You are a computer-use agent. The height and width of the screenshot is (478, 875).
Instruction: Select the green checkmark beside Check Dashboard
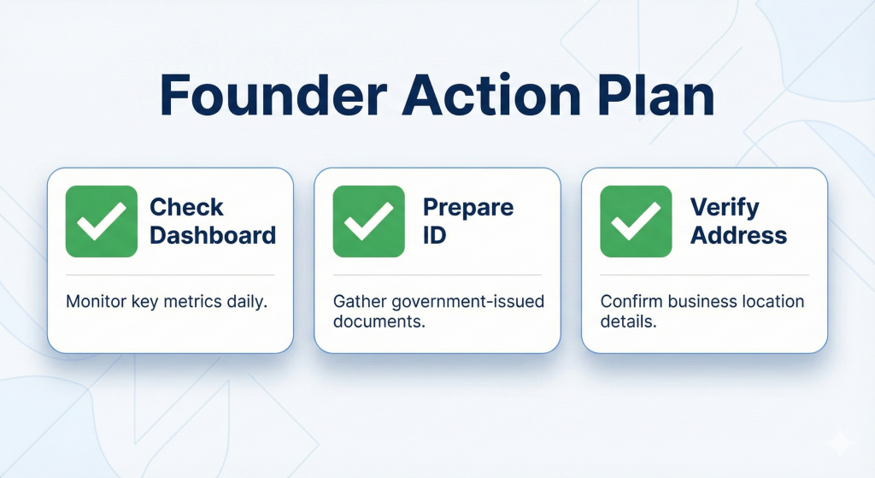pos(102,221)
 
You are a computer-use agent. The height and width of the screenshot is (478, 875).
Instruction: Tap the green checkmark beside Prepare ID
pos(369,221)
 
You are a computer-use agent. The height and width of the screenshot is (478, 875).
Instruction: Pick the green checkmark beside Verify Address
pos(636,221)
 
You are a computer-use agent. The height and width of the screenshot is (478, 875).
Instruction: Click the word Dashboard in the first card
pos(213,235)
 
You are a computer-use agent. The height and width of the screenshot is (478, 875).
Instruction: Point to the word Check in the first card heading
pos(186,207)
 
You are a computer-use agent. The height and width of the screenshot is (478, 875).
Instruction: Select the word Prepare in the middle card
pos(468,207)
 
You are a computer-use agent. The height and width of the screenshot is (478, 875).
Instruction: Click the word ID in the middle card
pos(435,235)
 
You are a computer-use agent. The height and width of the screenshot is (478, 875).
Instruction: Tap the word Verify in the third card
pos(725,207)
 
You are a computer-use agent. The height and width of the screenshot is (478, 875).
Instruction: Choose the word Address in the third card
pos(738,235)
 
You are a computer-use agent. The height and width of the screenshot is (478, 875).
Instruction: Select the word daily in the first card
pos(247,302)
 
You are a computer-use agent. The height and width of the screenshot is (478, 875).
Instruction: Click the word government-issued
pos(467,302)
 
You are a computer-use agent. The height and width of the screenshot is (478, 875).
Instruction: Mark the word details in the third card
pos(628,322)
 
